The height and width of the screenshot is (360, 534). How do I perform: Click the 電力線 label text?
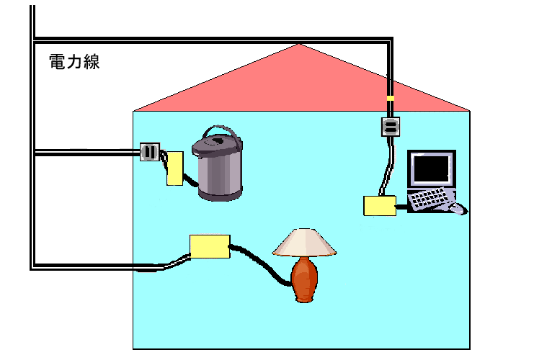74,62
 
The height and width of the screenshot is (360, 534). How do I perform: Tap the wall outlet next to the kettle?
150,152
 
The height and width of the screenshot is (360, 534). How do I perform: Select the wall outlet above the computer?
390,127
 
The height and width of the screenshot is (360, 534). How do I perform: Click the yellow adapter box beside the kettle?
174,169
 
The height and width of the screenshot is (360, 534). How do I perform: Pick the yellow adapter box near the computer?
379,206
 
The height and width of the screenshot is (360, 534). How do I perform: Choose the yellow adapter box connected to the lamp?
209,246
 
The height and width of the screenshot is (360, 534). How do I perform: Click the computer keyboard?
430,198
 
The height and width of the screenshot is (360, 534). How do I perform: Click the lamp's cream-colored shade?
305,243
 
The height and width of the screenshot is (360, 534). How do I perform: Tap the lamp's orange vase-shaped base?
305,280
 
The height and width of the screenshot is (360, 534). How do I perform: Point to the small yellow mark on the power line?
391,98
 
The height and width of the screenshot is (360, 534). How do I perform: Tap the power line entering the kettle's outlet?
86,153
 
